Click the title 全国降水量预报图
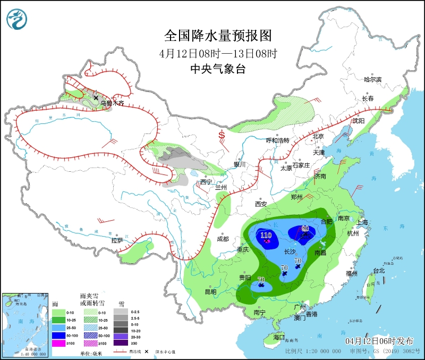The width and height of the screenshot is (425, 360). point(218,36)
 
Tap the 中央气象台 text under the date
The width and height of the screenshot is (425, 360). point(218,69)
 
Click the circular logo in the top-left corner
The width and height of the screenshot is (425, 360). point(17,19)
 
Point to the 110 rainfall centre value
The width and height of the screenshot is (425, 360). point(266,235)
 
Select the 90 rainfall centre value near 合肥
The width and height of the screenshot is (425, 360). point(305,229)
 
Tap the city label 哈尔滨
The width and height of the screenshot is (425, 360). point(372,79)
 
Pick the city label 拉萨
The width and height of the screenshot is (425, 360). point(117,240)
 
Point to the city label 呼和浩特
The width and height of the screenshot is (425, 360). point(277,140)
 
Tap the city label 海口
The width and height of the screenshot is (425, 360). point(279,337)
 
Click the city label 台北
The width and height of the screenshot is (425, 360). point(379,270)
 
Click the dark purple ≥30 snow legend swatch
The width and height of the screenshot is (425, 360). point(122,344)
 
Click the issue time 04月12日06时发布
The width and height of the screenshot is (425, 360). point(379,340)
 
